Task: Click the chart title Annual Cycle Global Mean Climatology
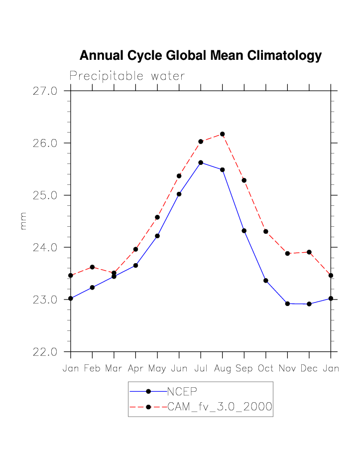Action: click(x=200, y=56)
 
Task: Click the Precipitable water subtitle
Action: click(x=127, y=76)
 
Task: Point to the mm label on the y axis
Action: click(x=23, y=221)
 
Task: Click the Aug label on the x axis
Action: click(x=222, y=369)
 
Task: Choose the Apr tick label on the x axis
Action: click(x=135, y=369)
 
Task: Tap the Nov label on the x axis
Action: click(x=287, y=369)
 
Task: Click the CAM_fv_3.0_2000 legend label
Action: click(x=220, y=407)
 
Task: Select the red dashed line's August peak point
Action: click(x=222, y=134)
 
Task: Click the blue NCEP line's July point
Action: click(x=201, y=162)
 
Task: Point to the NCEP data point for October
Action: click(x=266, y=281)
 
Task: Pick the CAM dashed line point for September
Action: click(x=244, y=180)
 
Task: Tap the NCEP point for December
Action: click(x=309, y=304)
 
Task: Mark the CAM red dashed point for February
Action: click(x=92, y=267)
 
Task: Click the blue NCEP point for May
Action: click(x=157, y=236)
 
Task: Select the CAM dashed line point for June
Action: click(x=179, y=176)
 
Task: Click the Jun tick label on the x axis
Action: click(x=179, y=369)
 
